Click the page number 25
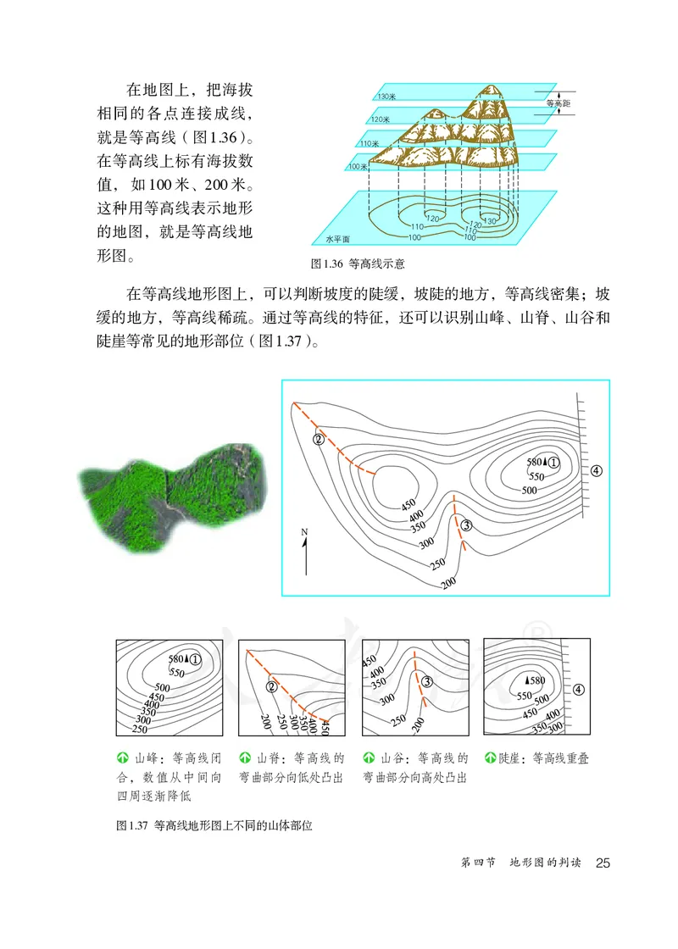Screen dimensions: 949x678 point(603,863)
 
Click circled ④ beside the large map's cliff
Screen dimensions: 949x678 point(597,470)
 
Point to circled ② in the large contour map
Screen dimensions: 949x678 point(319,439)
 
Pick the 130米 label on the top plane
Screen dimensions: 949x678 point(387,97)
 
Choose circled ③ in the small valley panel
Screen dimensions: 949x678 point(427,681)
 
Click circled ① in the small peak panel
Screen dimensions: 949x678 point(196,658)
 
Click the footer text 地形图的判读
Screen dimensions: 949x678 point(545,863)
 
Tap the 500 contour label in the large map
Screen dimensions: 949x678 point(530,490)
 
